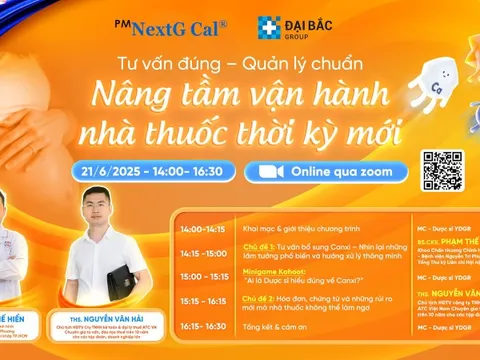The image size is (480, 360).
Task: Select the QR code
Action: click(x=442, y=171)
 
